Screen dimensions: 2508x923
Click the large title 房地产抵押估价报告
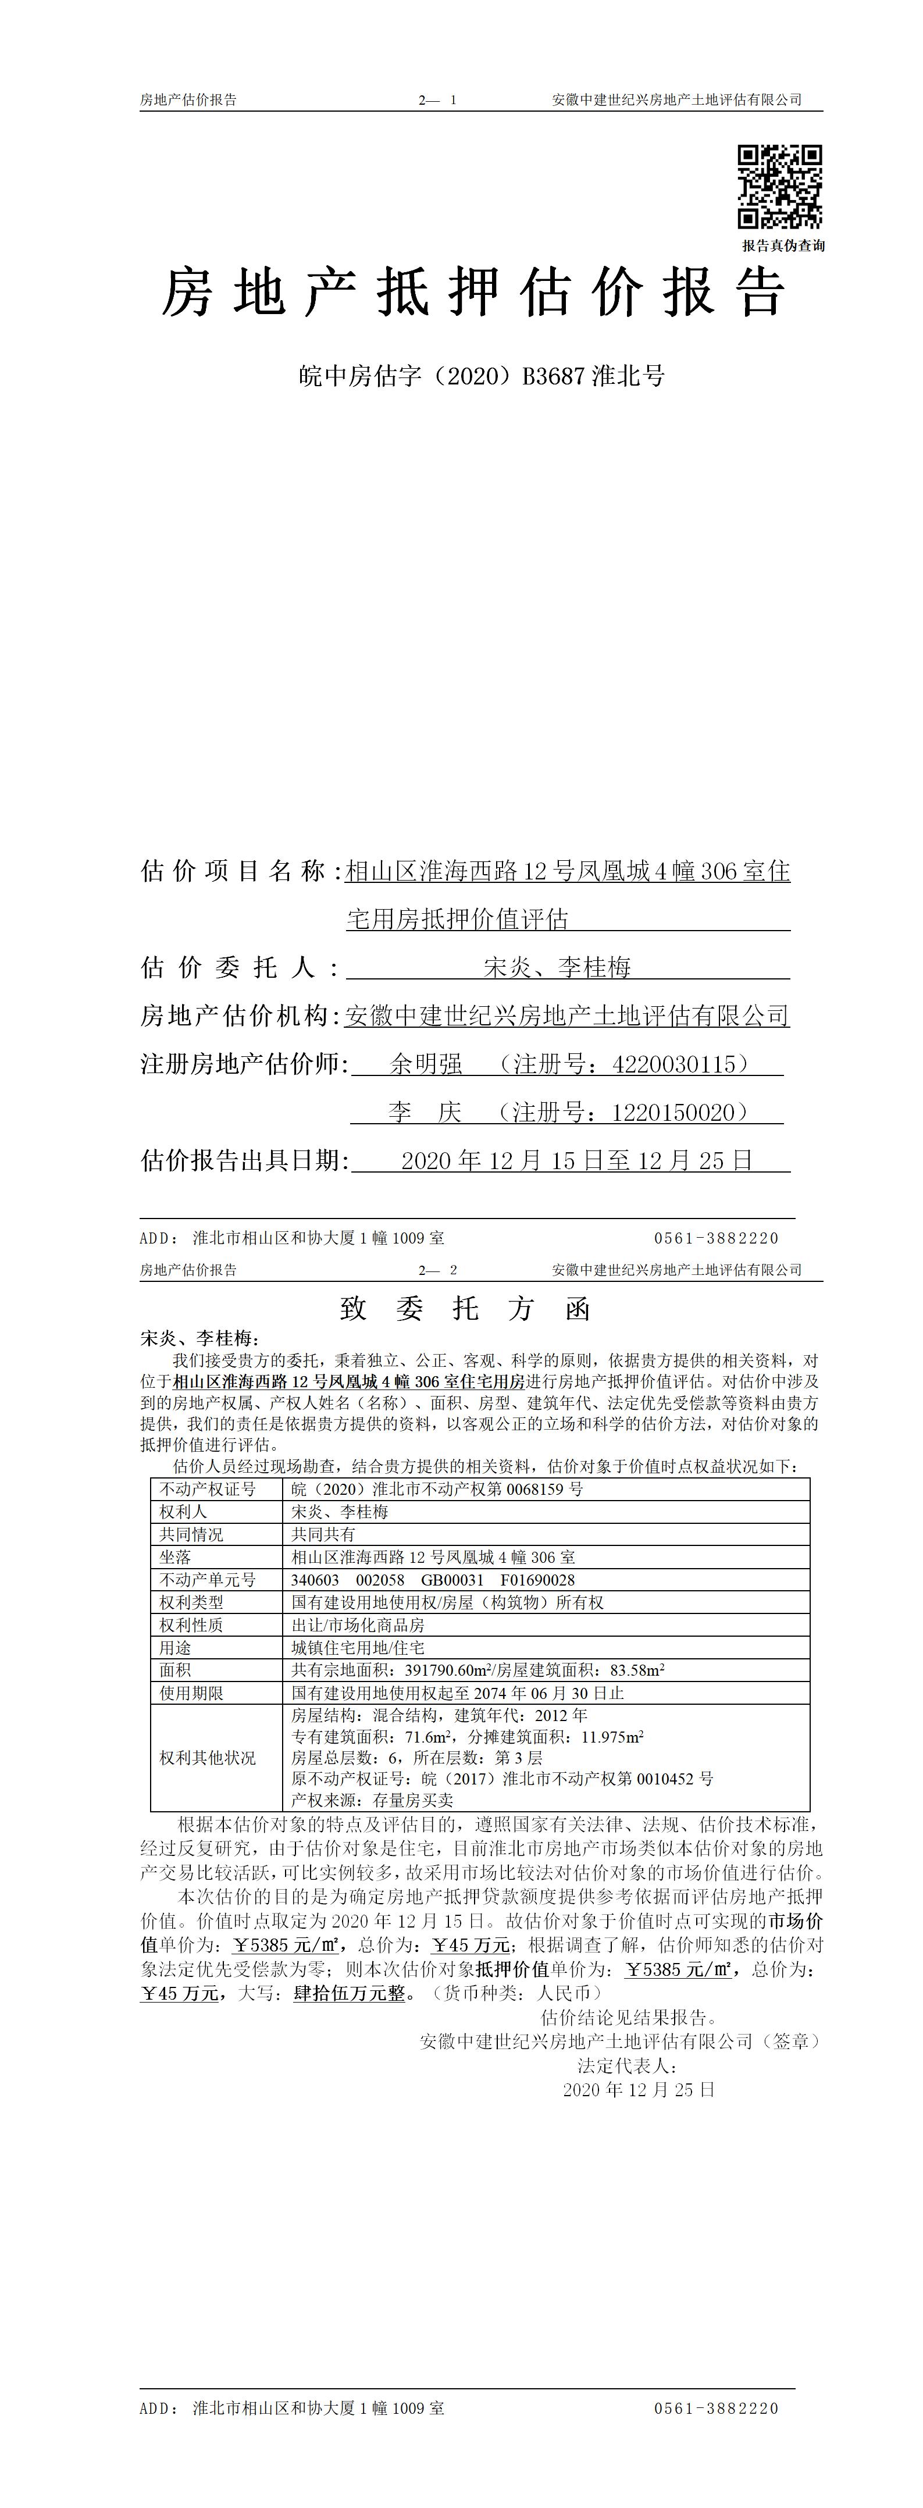tap(473, 292)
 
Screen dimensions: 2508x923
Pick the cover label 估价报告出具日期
tap(244, 1160)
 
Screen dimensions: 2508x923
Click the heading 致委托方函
tap(465, 1309)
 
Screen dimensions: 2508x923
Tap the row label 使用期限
tap(191, 1693)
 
